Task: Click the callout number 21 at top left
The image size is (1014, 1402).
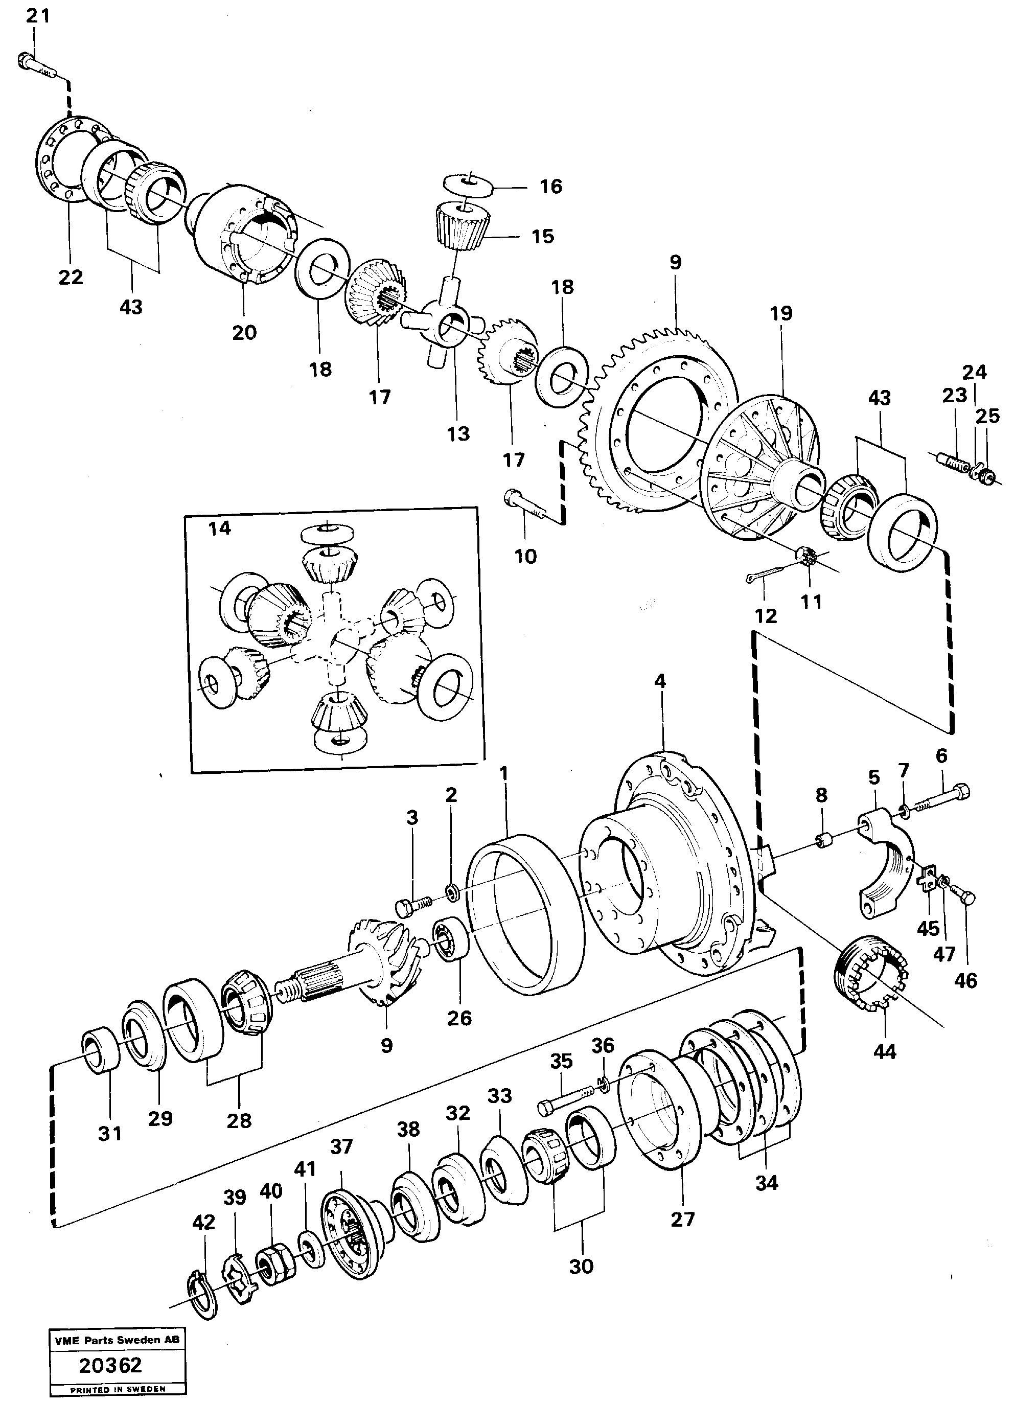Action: coord(37,15)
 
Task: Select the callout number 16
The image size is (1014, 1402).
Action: coord(551,186)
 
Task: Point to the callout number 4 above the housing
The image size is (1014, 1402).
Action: coord(660,681)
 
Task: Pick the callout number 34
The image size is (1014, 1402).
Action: coord(767,1183)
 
